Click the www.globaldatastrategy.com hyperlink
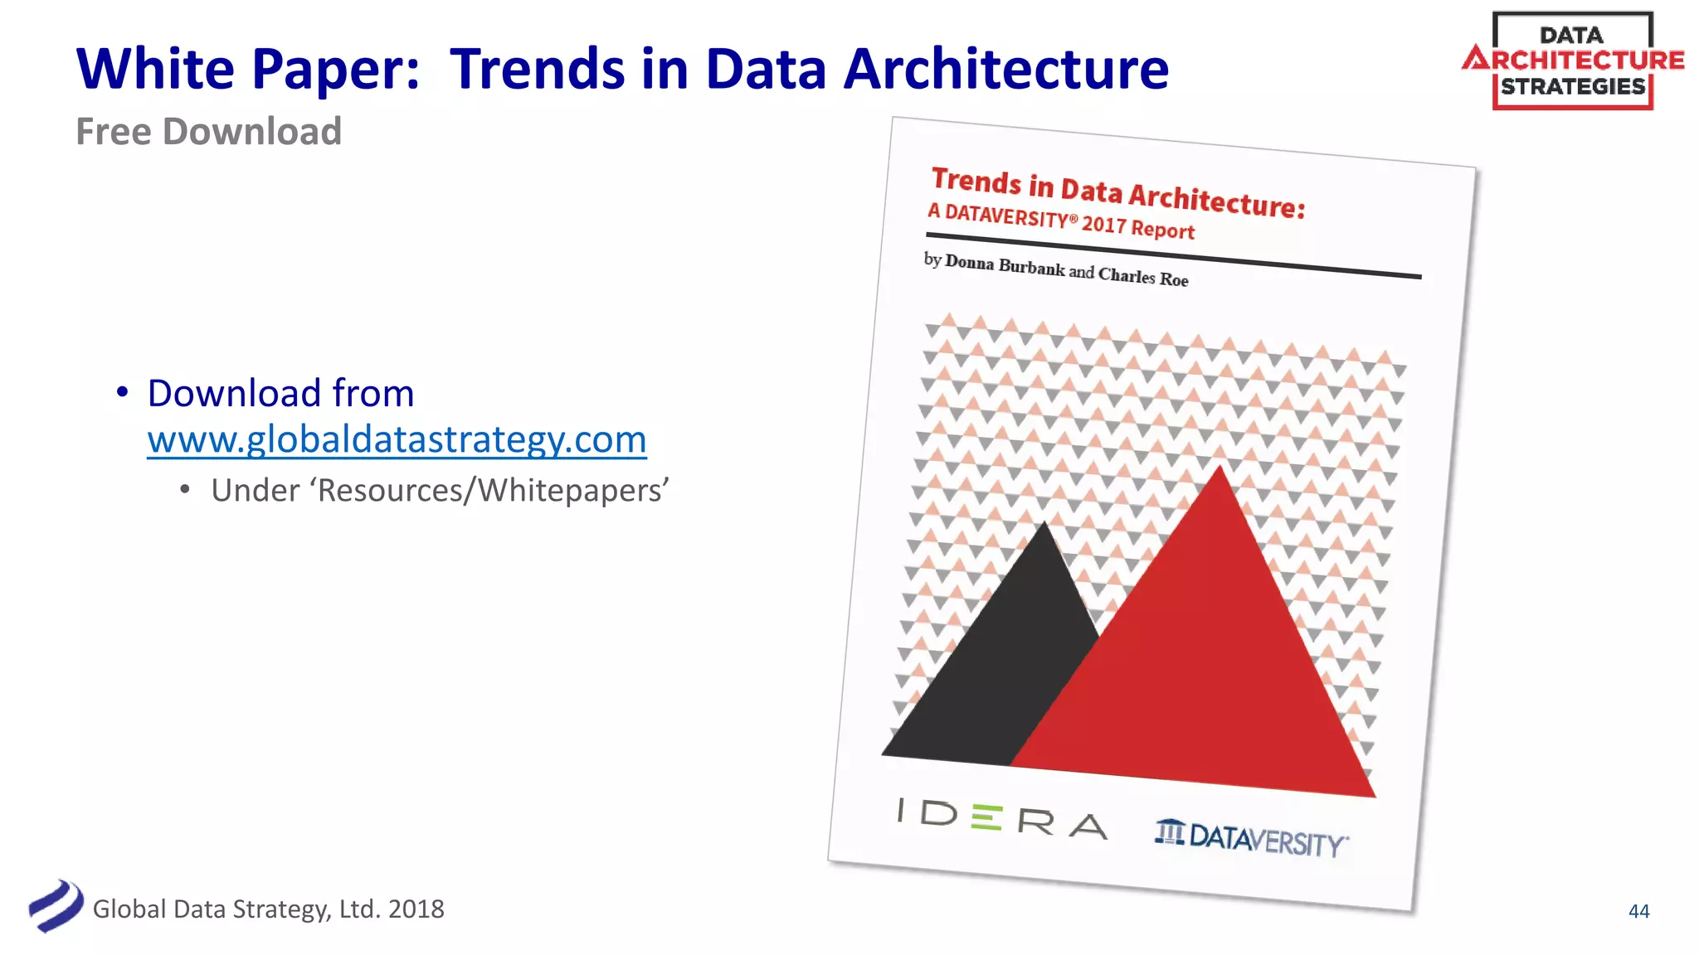coord(397,439)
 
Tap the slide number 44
coord(1638,911)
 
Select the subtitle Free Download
coord(208,132)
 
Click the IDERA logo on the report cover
coord(1002,818)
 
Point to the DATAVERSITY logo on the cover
coord(1252,838)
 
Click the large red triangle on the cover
coord(1203,663)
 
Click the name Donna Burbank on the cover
coord(1005,265)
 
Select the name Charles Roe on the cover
coord(1143,277)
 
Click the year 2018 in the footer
coord(416,909)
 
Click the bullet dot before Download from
coord(122,392)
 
